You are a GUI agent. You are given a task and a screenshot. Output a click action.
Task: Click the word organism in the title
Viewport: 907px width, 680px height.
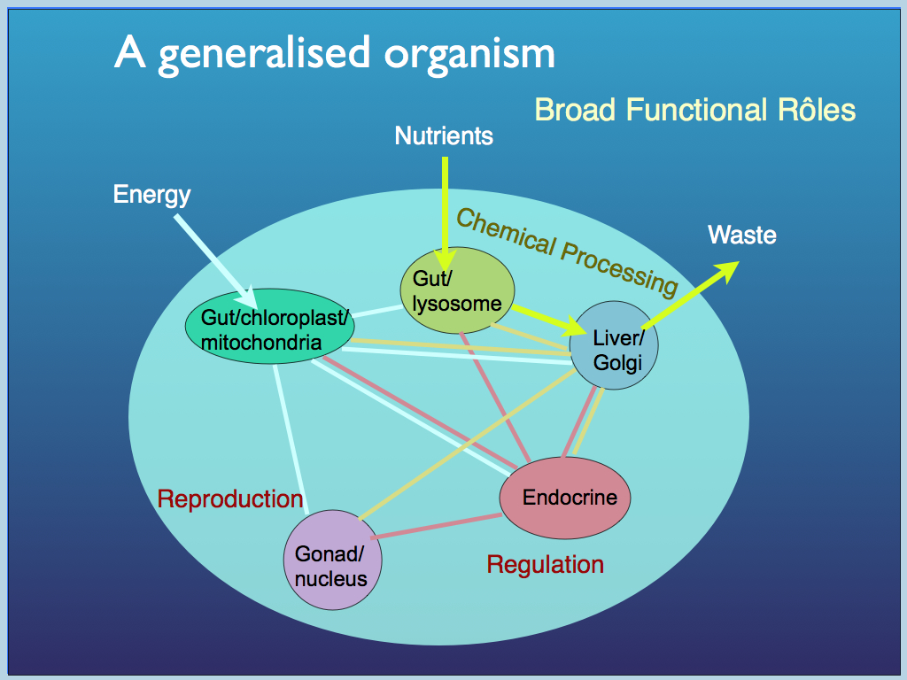pos(469,53)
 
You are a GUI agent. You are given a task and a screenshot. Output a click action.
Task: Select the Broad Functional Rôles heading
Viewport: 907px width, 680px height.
pos(695,110)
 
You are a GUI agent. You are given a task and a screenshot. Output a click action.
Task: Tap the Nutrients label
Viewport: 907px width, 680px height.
pos(444,135)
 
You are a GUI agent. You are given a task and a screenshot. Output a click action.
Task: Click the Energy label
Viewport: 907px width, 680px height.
pos(151,194)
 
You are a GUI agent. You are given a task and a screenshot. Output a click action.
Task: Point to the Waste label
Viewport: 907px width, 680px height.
pos(741,235)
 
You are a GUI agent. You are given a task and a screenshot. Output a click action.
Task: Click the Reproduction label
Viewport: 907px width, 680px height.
pos(230,498)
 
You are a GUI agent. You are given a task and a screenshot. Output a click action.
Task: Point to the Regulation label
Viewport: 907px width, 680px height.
pos(546,564)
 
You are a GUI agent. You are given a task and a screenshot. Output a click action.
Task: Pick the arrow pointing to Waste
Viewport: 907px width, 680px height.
pos(691,296)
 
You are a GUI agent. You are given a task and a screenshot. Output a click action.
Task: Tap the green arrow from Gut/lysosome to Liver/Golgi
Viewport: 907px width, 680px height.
pos(545,318)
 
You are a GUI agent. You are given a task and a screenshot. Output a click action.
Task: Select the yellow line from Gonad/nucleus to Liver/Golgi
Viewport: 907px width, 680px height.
pos(461,444)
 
